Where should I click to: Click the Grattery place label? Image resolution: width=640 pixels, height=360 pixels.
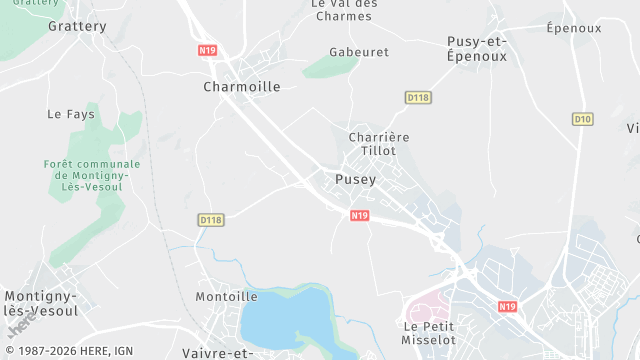[x=77, y=26]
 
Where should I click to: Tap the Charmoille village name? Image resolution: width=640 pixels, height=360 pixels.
[x=242, y=87]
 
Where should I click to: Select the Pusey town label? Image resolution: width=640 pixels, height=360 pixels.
[x=356, y=180]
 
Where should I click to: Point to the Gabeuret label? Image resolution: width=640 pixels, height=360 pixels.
[x=359, y=52]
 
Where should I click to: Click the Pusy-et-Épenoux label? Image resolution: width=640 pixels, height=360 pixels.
[x=477, y=49]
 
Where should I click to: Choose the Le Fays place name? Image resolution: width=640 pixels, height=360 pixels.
[x=71, y=115]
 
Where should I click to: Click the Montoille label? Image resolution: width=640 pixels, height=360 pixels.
[x=226, y=297]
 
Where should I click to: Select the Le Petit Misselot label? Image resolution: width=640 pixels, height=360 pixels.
[x=428, y=333]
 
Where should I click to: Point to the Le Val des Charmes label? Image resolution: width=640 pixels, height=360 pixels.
[x=344, y=9]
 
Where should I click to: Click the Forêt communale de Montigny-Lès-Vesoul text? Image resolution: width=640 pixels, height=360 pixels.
[x=92, y=176]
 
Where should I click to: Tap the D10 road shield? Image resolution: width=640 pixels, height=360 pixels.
[x=583, y=119]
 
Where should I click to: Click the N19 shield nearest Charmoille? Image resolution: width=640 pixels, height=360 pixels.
[x=207, y=49]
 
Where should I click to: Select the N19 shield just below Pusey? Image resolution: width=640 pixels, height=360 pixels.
[x=360, y=215]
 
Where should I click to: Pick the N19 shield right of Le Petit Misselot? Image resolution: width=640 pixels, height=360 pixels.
[x=508, y=307]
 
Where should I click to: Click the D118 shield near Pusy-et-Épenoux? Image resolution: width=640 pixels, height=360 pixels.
[x=418, y=97]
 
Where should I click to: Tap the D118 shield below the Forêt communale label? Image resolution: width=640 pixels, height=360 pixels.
[x=210, y=220]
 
